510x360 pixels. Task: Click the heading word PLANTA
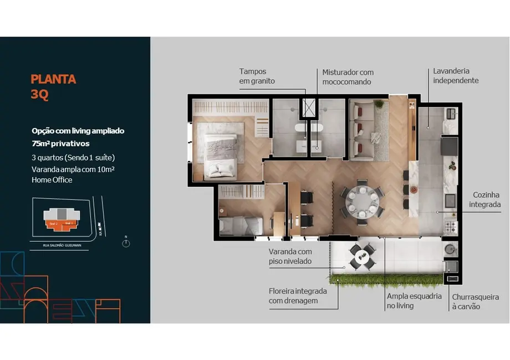(53, 79)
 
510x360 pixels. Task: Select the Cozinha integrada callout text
(486, 200)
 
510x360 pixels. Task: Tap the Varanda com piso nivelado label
(290, 256)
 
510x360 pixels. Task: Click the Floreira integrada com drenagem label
(297, 296)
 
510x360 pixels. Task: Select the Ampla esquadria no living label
(414, 301)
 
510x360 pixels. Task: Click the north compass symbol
(126, 241)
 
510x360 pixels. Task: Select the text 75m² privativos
(60, 144)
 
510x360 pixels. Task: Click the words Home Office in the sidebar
(52, 179)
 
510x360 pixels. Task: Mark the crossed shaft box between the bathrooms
(308, 107)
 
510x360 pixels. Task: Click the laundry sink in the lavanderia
(450, 114)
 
